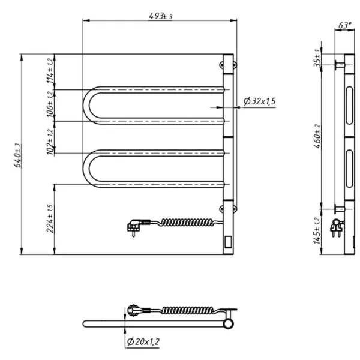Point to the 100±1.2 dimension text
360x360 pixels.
click(52, 107)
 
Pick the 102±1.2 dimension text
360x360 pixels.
click(52, 142)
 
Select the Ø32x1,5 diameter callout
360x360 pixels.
click(259, 102)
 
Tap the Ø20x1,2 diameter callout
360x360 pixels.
click(143, 342)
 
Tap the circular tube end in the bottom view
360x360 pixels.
click(228, 324)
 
